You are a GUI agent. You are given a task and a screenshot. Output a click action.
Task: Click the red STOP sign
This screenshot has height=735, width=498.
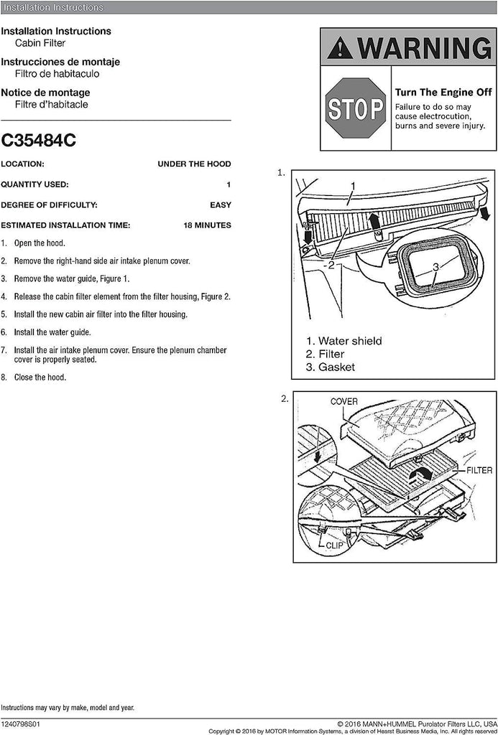356,108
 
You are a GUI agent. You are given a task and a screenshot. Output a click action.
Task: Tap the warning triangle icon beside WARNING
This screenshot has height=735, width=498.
339,49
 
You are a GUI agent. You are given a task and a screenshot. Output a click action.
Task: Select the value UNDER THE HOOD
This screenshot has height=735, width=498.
194,164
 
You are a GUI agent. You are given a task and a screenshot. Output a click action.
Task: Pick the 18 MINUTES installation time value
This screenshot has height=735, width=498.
207,225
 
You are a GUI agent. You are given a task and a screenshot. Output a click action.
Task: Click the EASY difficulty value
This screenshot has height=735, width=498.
220,205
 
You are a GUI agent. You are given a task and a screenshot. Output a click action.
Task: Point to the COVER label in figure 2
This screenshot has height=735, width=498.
343,402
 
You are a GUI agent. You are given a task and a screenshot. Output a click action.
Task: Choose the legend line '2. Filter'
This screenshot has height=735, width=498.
325,354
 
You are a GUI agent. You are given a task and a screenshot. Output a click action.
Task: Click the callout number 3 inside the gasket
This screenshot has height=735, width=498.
435,267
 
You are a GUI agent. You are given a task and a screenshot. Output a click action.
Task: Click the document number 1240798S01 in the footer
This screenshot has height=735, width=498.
20,725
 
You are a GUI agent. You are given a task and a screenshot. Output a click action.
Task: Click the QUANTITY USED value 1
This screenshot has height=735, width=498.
229,184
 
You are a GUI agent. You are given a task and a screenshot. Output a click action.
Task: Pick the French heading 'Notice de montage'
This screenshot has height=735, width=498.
45,93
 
